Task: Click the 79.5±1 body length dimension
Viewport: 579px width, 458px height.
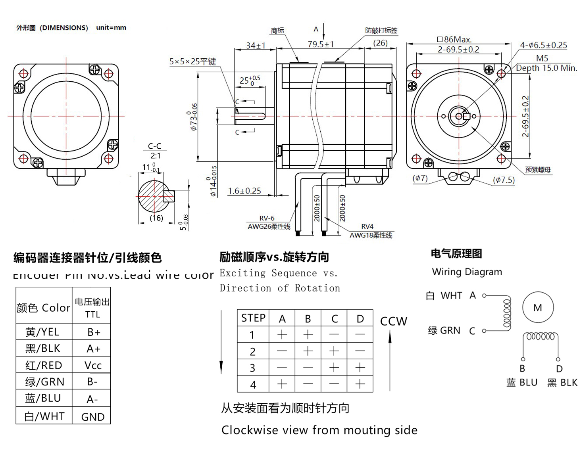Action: (321, 44)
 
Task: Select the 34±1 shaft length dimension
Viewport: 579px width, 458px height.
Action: (256, 46)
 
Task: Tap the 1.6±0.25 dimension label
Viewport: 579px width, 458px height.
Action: (244, 191)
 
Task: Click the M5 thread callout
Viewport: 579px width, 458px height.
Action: (542, 58)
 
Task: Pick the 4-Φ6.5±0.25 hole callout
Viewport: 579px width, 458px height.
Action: (544, 45)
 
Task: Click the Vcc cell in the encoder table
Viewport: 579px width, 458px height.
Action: (93, 365)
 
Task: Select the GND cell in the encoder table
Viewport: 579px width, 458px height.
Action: (93, 417)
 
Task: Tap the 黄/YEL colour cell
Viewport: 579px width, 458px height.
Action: (42, 332)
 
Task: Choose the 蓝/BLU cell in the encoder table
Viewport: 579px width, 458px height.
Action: (43, 398)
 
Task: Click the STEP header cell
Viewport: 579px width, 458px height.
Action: (253, 318)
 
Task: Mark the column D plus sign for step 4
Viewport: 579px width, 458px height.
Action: (360, 384)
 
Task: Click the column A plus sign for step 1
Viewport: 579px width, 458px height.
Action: (282, 335)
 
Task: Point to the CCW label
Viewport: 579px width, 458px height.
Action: (394, 321)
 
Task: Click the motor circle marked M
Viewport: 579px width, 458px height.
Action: (538, 308)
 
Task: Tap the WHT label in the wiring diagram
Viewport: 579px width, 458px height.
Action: (451, 295)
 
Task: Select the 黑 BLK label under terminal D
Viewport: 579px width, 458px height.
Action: (562, 383)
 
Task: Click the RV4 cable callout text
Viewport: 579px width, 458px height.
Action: (367, 226)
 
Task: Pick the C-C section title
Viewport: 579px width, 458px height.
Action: (154, 146)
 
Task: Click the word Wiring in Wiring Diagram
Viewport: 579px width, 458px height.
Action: (447, 272)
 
